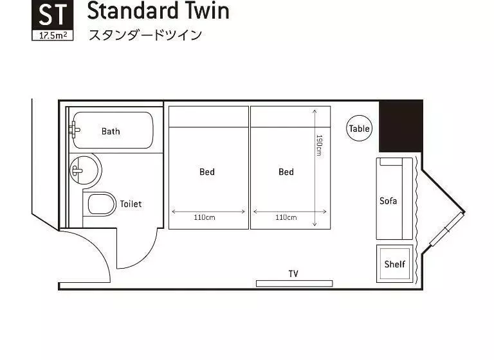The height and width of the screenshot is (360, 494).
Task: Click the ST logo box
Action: [x=53, y=20]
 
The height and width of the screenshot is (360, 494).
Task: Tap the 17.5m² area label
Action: [x=53, y=35]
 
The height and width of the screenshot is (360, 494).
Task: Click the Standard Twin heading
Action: [x=158, y=11]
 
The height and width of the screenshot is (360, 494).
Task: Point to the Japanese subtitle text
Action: [x=145, y=35]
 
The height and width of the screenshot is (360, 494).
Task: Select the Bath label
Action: [x=111, y=131]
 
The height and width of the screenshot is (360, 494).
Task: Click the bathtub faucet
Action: [x=75, y=129]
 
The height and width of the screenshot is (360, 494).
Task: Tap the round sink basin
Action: [x=84, y=170]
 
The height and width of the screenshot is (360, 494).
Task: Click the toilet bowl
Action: [x=102, y=204]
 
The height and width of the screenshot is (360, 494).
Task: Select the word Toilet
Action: [x=131, y=204]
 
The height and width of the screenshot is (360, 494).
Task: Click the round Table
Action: [x=359, y=128]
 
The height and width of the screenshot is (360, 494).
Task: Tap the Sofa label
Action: [x=388, y=201]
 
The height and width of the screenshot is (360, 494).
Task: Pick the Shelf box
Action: [x=395, y=264]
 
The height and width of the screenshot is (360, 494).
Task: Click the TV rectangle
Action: [x=294, y=283]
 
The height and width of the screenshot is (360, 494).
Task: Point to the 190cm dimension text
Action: [x=319, y=145]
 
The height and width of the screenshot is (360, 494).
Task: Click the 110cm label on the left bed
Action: [x=205, y=217]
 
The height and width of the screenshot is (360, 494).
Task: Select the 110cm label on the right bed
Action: [x=286, y=217]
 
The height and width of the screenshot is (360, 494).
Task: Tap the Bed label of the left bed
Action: [x=207, y=172]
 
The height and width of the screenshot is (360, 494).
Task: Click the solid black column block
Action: [x=401, y=126]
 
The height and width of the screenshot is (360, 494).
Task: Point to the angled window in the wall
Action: [x=447, y=230]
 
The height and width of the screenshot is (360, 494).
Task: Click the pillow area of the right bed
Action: [x=291, y=117]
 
